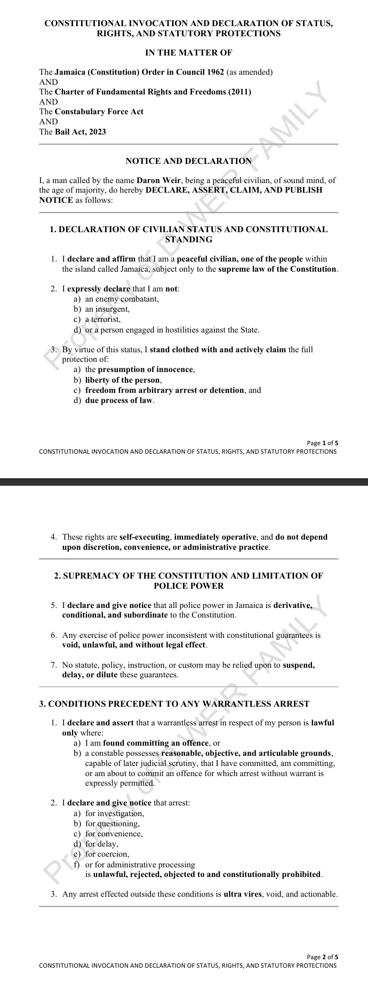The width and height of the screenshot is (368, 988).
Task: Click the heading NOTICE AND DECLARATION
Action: tap(188, 161)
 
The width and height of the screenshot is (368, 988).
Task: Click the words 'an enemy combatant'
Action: tap(122, 299)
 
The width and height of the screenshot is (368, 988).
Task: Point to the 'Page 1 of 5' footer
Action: tap(323, 442)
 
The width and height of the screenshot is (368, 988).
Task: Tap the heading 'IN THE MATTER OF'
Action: tap(188, 52)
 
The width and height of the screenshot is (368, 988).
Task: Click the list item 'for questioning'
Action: tap(112, 823)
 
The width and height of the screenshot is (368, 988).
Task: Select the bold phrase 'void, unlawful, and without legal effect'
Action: tap(133, 645)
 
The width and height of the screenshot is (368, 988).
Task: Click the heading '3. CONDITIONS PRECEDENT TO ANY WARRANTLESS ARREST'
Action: tap(174, 704)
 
